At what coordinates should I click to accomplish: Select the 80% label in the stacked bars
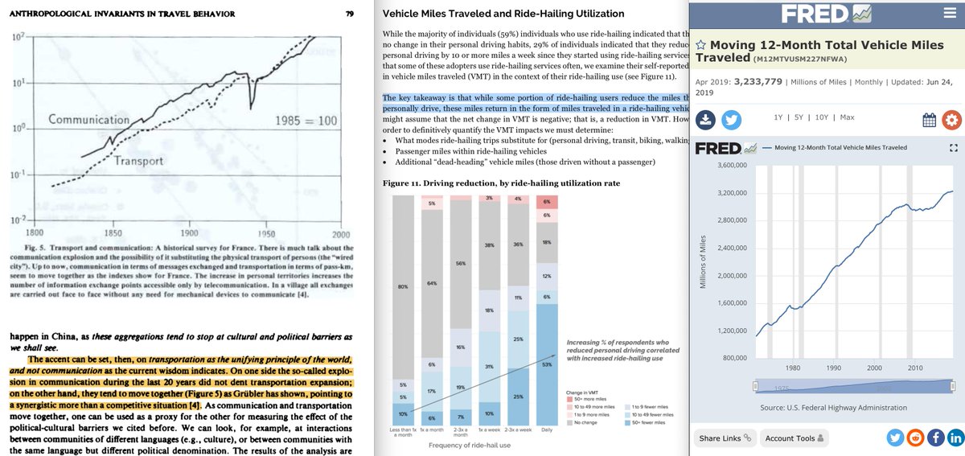point(403,286)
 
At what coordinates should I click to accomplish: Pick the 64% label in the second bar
point(432,283)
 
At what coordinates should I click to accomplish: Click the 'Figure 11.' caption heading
point(402,183)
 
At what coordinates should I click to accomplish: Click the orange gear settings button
point(951,121)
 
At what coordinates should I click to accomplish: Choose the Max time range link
point(847,117)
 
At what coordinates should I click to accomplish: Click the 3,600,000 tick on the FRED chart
point(726,166)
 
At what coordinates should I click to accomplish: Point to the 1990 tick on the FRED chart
point(832,368)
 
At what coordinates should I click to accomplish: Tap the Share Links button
point(725,438)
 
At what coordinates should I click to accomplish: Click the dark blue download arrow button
point(705,120)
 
